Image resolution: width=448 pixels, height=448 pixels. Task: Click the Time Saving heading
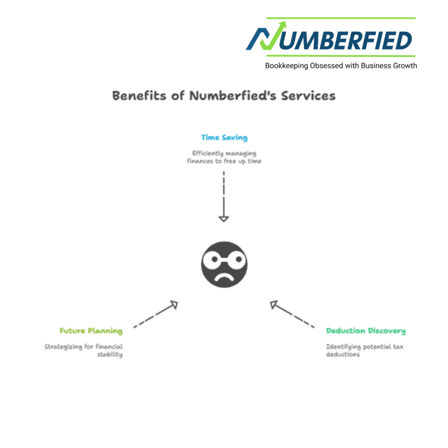pyautogui.click(x=224, y=138)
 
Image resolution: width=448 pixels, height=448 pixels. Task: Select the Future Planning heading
pyautogui.click(x=91, y=331)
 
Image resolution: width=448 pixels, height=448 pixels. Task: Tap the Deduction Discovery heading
pyautogui.click(x=366, y=331)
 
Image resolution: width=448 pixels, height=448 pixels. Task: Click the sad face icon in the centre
pyautogui.click(x=224, y=264)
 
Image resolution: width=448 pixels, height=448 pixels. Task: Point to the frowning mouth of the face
pyautogui.click(x=224, y=277)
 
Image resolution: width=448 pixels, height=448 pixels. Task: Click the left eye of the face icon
pyautogui.click(x=214, y=259)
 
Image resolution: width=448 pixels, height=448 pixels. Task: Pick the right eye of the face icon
pyautogui.click(x=234, y=259)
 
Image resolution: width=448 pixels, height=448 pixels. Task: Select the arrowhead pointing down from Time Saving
pyautogui.click(x=224, y=217)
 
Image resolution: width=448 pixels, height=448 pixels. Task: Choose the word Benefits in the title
pyautogui.click(x=140, y=95)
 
